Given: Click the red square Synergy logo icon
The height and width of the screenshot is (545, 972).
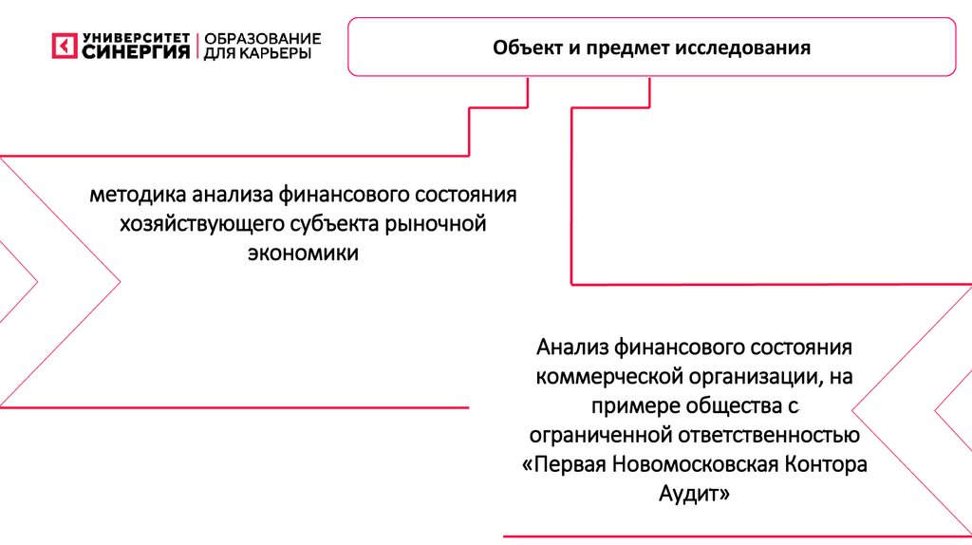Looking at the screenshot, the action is tap(64, 46).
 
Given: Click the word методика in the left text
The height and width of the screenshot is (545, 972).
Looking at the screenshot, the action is tap(138, 197).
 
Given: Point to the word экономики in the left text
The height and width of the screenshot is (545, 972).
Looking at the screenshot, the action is tap(304, 254).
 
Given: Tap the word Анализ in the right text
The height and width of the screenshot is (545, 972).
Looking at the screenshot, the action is tap(571, 347).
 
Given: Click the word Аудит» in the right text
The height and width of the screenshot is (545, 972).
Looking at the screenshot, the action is tap(695, 495).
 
